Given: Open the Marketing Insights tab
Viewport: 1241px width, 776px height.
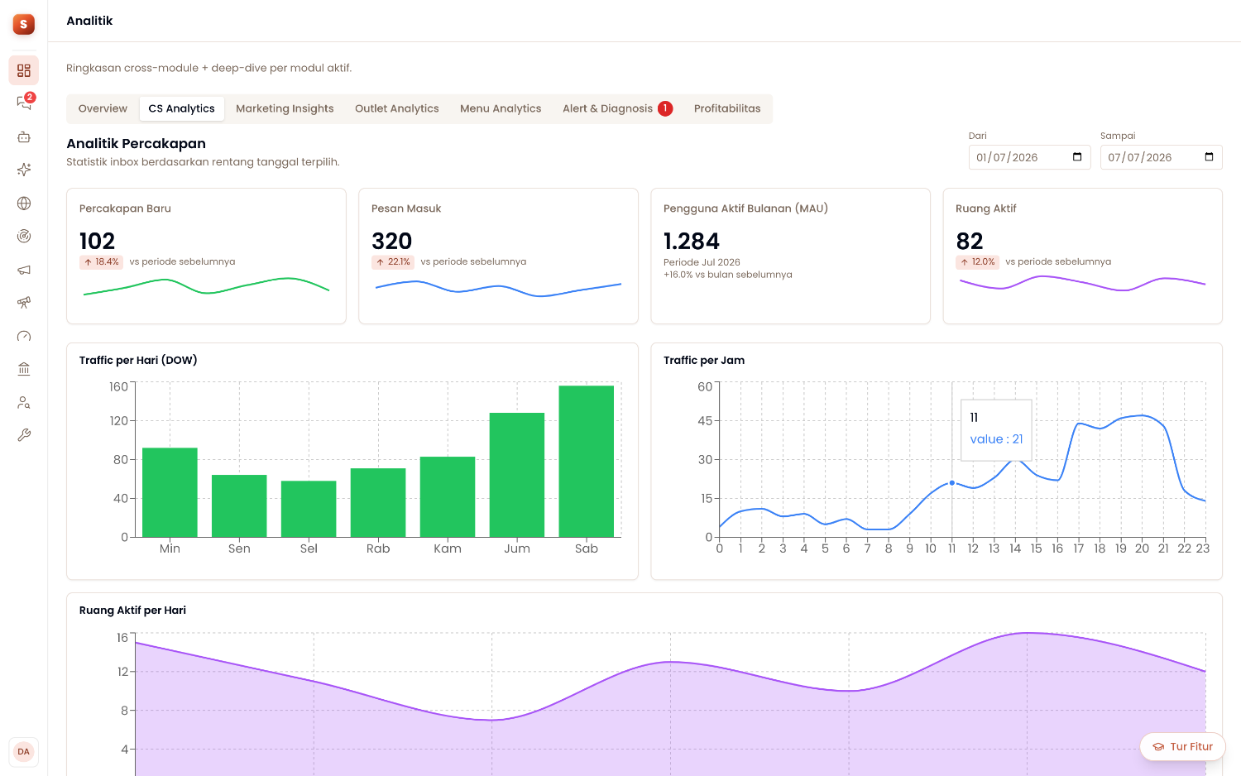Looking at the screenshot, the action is click(285, 108).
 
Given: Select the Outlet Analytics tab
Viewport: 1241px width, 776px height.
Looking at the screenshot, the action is click(396, 108).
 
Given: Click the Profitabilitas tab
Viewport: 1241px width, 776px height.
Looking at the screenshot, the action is click(727, 108).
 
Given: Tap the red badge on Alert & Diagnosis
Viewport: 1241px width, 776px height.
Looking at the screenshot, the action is click(665, 108).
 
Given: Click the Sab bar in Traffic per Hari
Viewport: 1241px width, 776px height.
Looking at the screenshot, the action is click(586, 462).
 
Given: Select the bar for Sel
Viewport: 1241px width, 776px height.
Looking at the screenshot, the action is click(309, 509).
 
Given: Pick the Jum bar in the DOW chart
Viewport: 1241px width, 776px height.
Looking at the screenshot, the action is click(517, 475).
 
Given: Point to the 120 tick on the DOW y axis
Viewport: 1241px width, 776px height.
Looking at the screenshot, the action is click(119, 421).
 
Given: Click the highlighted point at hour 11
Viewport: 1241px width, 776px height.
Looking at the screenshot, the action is click(951, 483).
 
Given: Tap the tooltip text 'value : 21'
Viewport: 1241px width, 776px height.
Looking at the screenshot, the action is click(996, 439).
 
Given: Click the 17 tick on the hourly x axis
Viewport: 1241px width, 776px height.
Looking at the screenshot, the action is click(1078, 548).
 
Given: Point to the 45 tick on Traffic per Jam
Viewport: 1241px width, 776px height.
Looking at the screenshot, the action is click(705, 421).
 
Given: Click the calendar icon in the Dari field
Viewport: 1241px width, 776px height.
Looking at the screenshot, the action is click(1077, 156).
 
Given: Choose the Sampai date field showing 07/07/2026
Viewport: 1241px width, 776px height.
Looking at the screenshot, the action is click(1162, 157).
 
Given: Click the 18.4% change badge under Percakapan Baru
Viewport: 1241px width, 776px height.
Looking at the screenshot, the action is click(101, 262).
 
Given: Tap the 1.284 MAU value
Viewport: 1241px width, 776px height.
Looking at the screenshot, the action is click(692, 242).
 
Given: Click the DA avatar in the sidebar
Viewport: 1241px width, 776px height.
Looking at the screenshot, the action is click(23, 752).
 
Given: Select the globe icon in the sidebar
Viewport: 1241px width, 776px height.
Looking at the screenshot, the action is click(24, 204).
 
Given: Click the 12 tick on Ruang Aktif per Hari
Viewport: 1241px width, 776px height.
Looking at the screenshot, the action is click(122, 672).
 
